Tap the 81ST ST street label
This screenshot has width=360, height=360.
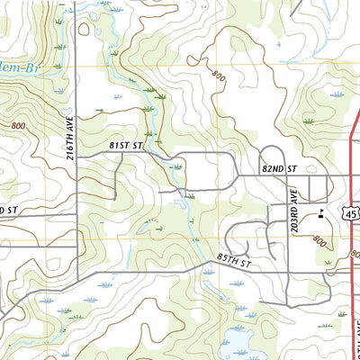coord(127,145)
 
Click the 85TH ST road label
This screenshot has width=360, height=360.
coord(233,260)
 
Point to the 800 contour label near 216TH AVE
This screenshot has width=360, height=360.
coord(19,127)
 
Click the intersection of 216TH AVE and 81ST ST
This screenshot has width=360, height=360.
coord(76,156)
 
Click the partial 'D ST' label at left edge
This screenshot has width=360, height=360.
coord(9,210)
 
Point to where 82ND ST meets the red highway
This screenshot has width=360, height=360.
coord(350,175)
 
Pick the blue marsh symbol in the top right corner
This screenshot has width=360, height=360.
coord(337,94)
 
